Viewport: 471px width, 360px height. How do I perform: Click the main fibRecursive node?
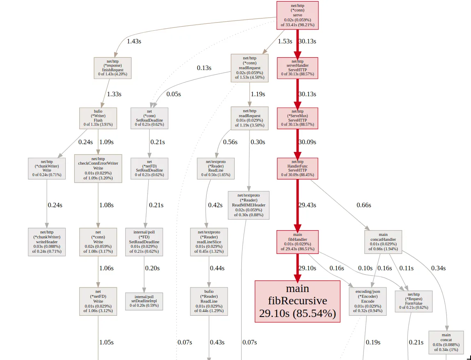(297, 301)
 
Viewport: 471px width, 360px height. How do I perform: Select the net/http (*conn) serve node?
(297, 15)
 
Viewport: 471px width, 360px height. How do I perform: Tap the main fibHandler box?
(297, 242)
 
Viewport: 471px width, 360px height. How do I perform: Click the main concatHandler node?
(383, 242)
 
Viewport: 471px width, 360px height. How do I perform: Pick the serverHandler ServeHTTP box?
(297, 68)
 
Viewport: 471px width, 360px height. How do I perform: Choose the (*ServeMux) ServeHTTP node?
(297, 118)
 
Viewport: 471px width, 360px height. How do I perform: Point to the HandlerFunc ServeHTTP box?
(297, 168)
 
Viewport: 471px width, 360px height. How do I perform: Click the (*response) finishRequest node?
(113, 68)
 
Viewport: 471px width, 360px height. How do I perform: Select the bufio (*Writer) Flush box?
(98, 118)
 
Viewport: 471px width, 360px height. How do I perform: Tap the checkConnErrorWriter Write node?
(98, 168)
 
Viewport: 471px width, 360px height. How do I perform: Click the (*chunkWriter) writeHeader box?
(46, 242)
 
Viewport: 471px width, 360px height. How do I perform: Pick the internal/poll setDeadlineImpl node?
(144, 301)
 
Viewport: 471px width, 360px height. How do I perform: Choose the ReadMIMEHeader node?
(248, 205)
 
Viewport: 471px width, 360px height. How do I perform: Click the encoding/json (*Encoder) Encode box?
(368, 301)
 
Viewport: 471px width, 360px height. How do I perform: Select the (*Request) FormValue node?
(414, 301)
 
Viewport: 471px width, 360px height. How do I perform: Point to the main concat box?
(446, 342)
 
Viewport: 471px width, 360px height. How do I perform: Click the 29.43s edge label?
(307, 205)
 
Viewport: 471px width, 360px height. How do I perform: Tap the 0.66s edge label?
(364, 205)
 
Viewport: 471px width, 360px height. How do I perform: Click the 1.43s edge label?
(134, 41)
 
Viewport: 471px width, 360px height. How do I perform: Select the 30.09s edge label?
(307, 142)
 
